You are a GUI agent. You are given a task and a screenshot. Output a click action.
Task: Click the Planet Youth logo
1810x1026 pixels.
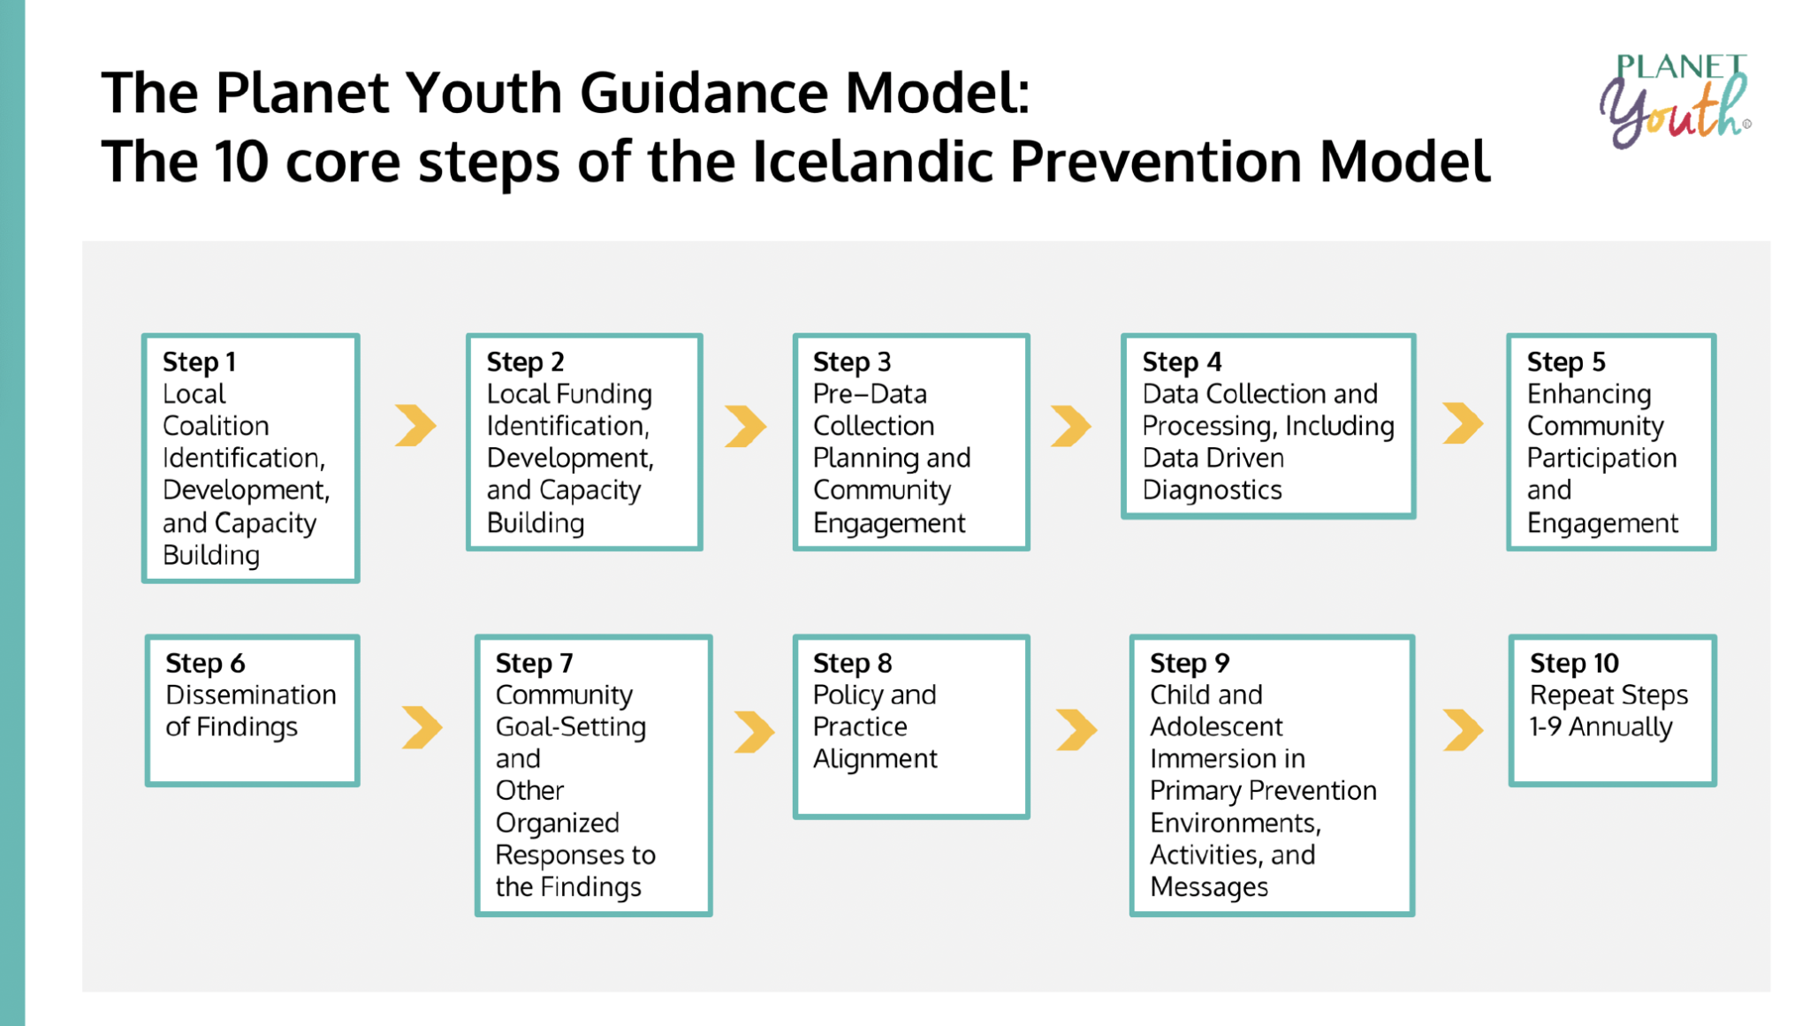coord(1675,100)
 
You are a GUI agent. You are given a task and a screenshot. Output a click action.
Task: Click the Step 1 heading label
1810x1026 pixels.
coord(199,361)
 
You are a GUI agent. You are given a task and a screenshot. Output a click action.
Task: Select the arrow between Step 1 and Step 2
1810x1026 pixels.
coord(415,425)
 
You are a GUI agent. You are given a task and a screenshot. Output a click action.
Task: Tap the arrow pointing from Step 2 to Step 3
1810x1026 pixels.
coord(745,426)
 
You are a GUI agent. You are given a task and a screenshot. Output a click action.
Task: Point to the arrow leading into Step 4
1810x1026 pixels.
coord(1071,426)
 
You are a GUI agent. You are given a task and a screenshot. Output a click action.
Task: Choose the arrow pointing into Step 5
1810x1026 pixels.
coord(1463,422)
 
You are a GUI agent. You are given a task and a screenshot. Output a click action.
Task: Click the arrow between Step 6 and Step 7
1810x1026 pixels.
coord(422,727)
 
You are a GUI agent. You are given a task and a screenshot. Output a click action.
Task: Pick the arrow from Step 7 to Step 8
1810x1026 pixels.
coord(754,732)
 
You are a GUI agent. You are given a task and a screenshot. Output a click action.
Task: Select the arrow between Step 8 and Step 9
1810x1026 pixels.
coord(1076,730)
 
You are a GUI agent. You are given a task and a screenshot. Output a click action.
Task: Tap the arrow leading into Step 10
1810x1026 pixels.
coord(1463,730)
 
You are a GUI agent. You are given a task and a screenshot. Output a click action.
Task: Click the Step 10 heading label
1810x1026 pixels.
coord(1574,663)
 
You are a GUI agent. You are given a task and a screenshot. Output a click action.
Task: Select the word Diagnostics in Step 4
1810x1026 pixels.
coord(1212,490)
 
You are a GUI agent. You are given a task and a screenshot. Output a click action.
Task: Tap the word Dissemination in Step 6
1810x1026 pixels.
coord(251,695)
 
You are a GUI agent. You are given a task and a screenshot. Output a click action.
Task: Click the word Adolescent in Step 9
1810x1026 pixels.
coord(1216,726)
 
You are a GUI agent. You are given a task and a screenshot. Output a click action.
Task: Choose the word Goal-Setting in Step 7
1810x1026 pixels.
coord(571,727)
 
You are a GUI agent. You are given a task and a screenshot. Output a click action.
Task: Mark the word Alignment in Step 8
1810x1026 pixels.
coord(875,759)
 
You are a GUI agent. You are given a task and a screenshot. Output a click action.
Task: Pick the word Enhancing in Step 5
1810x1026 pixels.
coord(1589,394)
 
